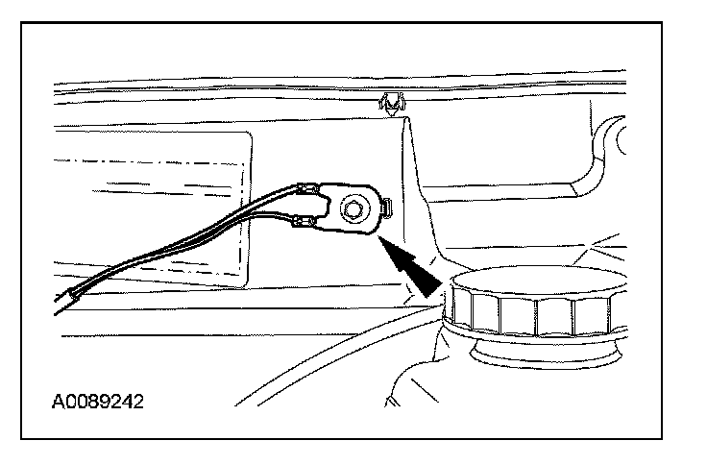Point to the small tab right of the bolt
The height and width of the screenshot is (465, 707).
point(386,207)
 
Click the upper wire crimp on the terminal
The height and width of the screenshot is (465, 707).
point(309,188)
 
